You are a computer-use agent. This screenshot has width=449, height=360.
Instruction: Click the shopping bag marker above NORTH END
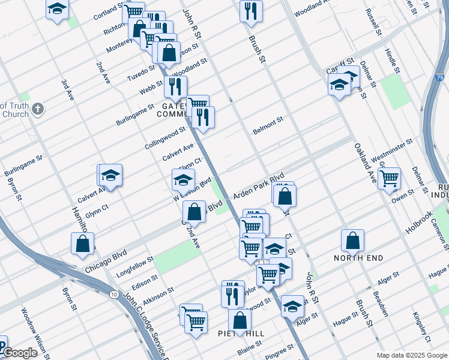[353, 239]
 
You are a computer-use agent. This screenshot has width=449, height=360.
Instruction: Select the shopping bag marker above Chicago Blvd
[83, 244]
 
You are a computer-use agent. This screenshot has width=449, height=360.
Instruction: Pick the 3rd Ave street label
[67, 89]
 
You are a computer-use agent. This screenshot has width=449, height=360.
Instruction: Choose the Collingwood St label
[165, 138]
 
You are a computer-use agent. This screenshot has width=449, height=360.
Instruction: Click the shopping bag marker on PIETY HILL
[240, 321]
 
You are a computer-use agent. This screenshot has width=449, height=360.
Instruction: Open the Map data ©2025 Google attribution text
[411, 355]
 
